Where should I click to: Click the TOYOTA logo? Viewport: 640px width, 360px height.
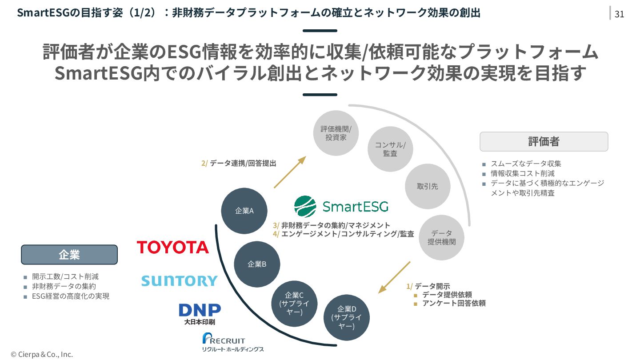point(172,247)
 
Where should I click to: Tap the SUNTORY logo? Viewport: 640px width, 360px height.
point(179,281)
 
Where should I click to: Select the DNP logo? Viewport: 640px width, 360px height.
point(200,311)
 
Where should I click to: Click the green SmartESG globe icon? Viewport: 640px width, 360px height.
point(305,206)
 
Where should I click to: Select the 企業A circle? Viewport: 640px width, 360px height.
point(244,211)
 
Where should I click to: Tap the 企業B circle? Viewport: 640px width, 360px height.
point(257,264)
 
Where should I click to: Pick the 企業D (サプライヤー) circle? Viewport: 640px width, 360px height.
point(347,317)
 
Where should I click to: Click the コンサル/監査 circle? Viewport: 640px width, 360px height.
point(390,149)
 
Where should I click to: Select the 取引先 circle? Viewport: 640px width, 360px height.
point(428,186)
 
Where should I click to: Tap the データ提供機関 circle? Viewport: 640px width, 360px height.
point(442,237)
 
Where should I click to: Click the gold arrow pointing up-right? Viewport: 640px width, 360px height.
point(290,172)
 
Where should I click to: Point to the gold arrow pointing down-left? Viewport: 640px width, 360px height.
point(394,277)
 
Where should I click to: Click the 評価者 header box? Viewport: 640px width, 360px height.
point(544,142)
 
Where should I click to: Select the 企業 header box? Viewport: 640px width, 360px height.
point(69,255)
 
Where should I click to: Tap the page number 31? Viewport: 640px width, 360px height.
point(620,14)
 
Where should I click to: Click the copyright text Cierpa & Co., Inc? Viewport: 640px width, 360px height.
point(42,354)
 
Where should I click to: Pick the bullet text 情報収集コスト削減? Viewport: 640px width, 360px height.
point(522,173)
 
